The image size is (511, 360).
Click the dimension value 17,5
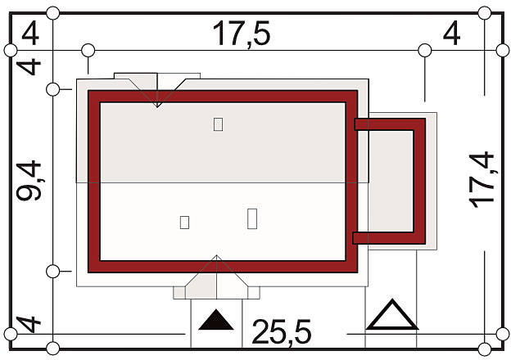[241, 34]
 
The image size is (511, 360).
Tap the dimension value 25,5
[282, 331]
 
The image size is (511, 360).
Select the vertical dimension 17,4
[482, 180]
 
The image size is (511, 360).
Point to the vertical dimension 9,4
[29, 180]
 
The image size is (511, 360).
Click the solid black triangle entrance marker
[215, 320]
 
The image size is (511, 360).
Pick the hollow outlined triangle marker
[391, 315]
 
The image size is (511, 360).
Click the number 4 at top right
[452, 33]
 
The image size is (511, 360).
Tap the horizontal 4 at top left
[30, 33]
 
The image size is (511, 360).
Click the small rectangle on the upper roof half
[218, 124]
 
